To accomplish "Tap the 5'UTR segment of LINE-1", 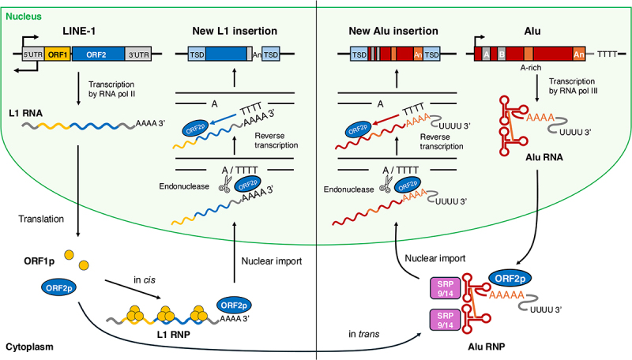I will [x=32, y=54].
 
